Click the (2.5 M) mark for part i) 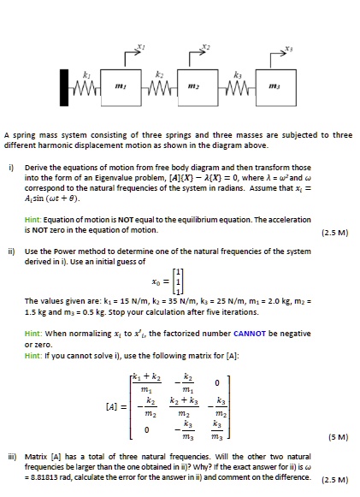334,231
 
